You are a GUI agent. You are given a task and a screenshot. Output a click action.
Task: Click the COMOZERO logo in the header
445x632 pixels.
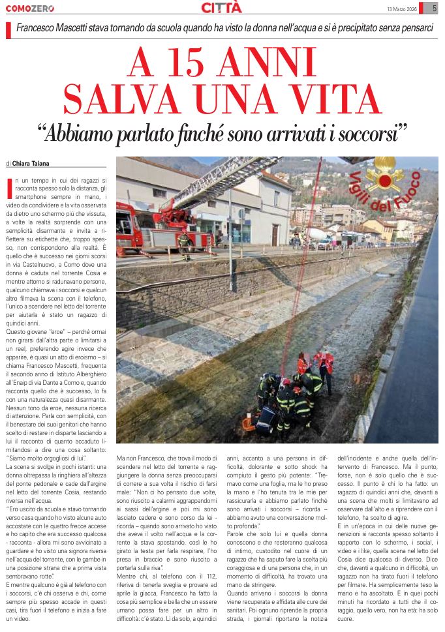coord(30,8)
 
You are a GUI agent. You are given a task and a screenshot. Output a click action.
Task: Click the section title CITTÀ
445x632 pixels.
coord(221,8)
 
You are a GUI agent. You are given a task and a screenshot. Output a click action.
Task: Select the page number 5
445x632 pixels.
coord(435,8)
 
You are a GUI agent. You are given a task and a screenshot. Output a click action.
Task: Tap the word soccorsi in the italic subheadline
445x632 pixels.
coord(367,134)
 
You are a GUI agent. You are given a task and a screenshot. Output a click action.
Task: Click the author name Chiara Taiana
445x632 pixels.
coord(33,164)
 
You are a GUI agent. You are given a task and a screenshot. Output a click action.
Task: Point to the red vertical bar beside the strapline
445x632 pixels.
coord(8,30)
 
